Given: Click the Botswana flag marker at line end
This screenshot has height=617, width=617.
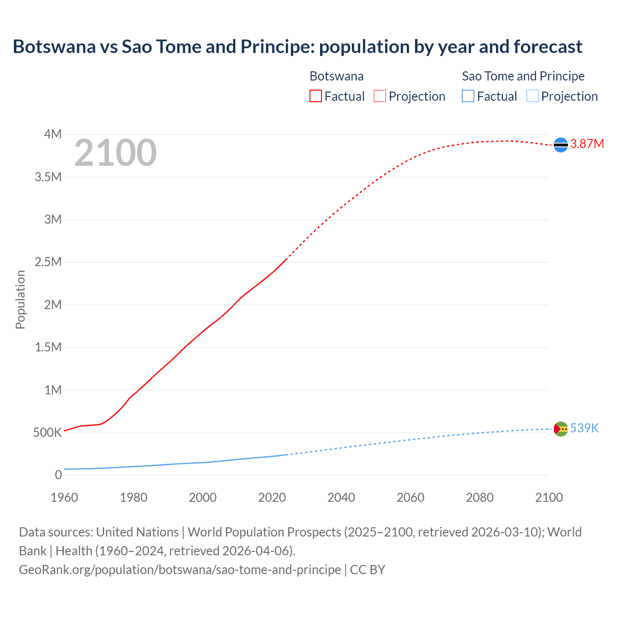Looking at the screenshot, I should click(561, 144).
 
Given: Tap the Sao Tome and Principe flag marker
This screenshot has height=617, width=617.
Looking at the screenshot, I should click(561, 429).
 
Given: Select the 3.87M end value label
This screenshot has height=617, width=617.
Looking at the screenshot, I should click(587, 144).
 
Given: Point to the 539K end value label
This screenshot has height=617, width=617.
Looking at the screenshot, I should click(584, 429).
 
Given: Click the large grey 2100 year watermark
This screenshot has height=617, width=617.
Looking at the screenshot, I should click(116, 153).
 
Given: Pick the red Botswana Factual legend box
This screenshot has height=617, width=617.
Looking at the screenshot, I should click(315, 96).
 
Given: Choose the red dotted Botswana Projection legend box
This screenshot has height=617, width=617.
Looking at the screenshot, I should click(380, 96).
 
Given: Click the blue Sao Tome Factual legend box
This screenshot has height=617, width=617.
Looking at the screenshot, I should click(468, 96).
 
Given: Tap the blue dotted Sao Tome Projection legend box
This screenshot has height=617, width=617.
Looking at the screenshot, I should click(532, 96).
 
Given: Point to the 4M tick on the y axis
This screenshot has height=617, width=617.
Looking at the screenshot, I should click(53, 134).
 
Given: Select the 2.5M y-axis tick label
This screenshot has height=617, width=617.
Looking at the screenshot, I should click(48, 262).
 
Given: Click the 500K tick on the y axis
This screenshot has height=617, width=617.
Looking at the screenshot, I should click(47, 432).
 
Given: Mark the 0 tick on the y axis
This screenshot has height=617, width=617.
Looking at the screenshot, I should click(58, 475).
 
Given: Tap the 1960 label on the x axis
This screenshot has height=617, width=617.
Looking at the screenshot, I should click(64, 497).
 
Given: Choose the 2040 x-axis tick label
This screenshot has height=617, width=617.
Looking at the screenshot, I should click(341, 497).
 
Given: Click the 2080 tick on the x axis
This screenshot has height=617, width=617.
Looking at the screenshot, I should click(480, 497).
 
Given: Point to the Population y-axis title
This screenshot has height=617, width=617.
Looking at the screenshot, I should click(20, 299).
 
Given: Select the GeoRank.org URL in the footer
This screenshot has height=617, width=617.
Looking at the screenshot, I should click(180, 570).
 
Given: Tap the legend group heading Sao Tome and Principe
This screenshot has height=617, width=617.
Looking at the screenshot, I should click(523, 76).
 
